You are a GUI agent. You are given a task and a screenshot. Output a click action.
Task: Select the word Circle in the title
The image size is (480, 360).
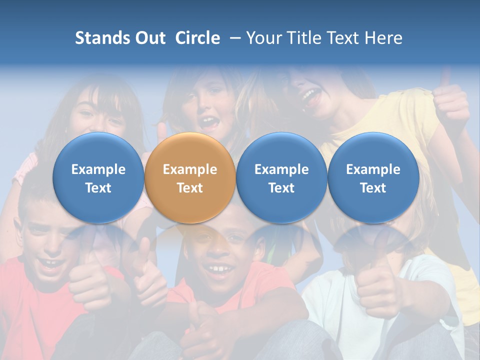[197, 38]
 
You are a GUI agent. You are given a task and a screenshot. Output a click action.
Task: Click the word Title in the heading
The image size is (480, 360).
[301, 38]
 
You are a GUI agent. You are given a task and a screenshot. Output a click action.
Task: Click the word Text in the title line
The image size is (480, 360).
[342, 38]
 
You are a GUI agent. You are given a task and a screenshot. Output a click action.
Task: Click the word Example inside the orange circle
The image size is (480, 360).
[190, 169]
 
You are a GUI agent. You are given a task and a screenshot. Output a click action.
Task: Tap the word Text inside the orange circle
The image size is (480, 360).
[190, 188]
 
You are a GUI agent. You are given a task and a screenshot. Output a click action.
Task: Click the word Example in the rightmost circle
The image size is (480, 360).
[373, 169]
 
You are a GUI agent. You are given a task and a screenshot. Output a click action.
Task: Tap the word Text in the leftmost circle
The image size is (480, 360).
[98, 188]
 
